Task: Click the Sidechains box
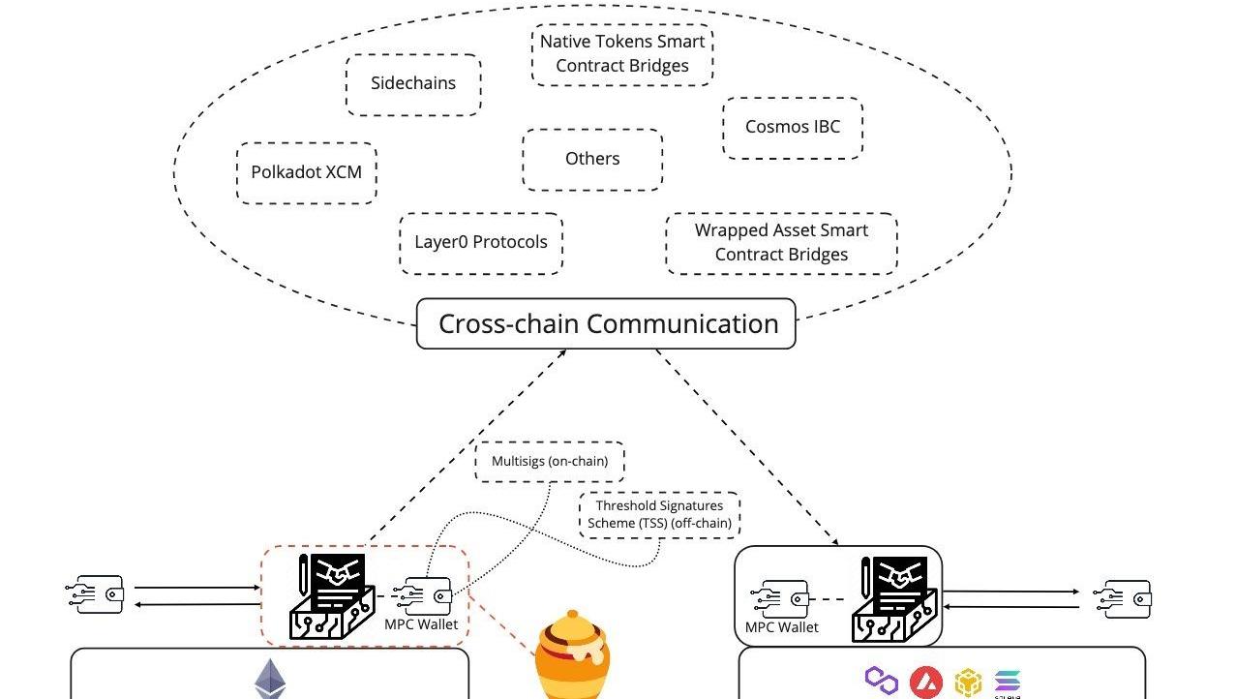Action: tap(413, 84)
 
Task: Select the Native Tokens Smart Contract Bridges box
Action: tap(622, 54)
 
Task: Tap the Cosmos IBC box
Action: tap(792, 127)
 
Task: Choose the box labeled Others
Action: tap(592, 159)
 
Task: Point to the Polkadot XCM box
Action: tap(306, 172)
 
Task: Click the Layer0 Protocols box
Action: tap(481, 243)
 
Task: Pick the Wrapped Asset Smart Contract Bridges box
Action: tap(781, 243)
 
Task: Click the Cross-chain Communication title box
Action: tap(606, 323)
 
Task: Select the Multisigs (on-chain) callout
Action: tap(549, 462)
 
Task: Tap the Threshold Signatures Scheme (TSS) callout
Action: tap(659, 514)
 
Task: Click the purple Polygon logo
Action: tap(881, 680)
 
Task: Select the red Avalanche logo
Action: tap(926, 683)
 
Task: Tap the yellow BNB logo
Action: tap(968, 684)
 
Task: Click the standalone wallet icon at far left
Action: tap(97, 594)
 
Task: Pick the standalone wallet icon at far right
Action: tap(1124, 598)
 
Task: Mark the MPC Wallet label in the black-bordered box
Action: tap(781, 627)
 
